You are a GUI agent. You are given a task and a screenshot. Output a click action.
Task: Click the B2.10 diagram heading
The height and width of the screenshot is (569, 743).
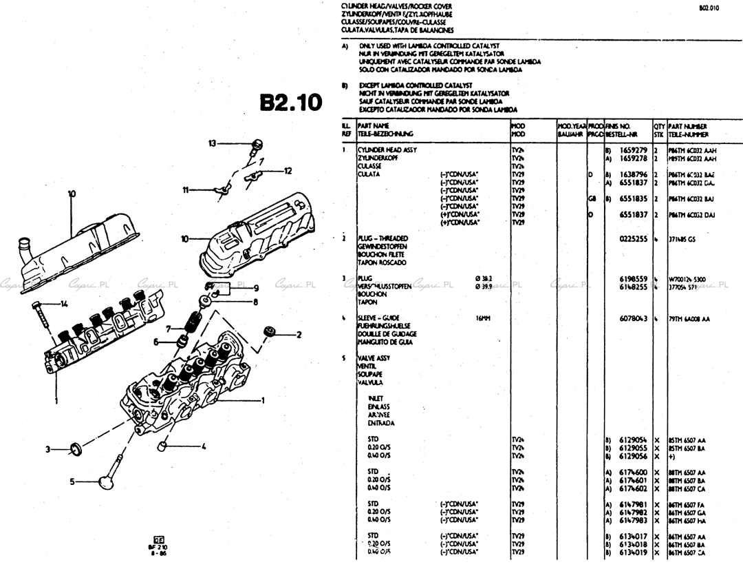tap(290, 102)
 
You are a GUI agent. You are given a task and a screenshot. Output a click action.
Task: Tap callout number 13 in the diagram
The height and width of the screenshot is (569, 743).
tap(213, 143)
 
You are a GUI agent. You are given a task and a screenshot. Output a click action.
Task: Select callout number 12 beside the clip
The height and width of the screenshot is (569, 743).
tap(288, 170)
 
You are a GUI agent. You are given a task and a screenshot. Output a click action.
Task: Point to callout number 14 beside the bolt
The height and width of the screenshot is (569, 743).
tap(64, 303)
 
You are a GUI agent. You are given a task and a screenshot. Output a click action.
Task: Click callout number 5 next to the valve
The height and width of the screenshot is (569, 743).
tap(72, 482)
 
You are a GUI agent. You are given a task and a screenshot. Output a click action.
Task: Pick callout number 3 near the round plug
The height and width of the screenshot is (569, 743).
tap(48, 450)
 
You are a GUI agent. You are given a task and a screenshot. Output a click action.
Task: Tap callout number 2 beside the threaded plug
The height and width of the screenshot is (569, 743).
tap(299, 335)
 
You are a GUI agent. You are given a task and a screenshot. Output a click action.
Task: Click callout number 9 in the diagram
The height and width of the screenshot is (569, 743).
tap(255, 288)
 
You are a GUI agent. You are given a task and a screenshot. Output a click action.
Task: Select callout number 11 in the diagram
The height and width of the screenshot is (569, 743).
tap(186, 189)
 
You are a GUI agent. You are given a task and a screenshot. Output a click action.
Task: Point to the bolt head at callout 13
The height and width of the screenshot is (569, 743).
tap(257, 143)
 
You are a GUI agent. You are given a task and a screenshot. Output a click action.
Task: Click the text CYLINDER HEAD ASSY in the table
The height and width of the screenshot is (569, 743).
tap(387, 149)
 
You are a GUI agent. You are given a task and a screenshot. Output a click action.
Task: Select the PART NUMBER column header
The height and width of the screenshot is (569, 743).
tap(687, 127)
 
